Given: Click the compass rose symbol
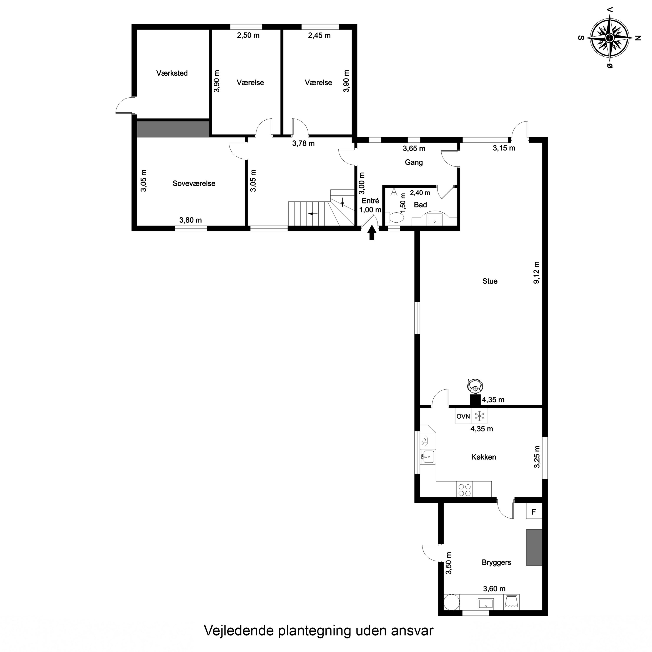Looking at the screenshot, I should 609,38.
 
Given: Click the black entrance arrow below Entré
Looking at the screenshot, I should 372,233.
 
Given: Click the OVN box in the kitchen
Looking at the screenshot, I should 463,416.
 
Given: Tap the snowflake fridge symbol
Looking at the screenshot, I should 479,416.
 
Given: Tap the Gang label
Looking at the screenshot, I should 414,162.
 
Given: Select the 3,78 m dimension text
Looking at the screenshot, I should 303,143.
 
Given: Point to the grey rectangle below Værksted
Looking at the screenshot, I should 173,129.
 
